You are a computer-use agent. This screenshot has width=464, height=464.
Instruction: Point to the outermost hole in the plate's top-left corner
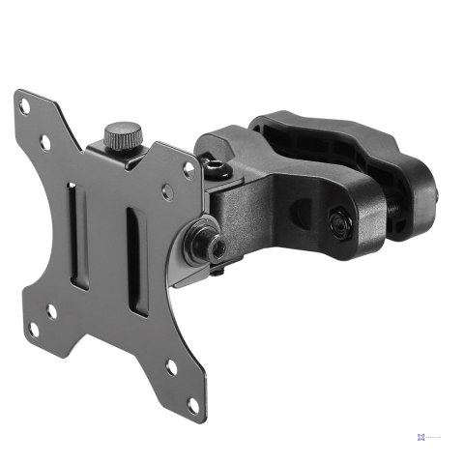tap(24, 107)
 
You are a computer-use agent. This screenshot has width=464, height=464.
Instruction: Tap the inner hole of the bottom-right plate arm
tap(171, 366)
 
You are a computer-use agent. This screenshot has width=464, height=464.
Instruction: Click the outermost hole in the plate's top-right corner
tap(188, 167)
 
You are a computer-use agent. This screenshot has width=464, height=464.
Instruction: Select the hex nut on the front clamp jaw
tap(337, 223)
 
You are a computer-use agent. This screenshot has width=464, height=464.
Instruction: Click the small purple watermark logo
tap(422, 436)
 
